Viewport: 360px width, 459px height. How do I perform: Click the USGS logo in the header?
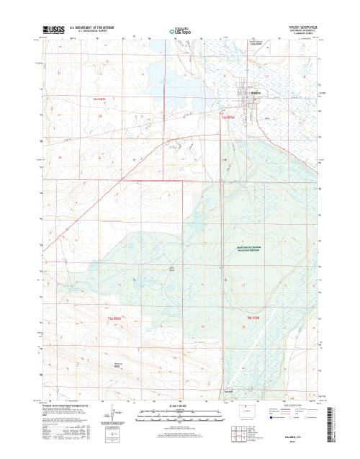[53, 30]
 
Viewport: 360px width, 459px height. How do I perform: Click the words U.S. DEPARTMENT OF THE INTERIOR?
[92, 27]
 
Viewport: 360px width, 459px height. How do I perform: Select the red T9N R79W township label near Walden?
[230, 117]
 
